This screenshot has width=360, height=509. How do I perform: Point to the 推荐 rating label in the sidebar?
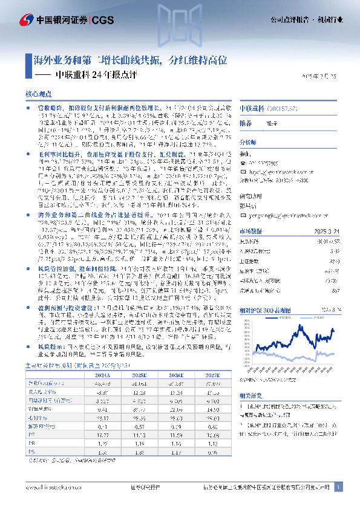coord(246,123)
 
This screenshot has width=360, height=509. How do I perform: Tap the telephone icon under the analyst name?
coord(243,163)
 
